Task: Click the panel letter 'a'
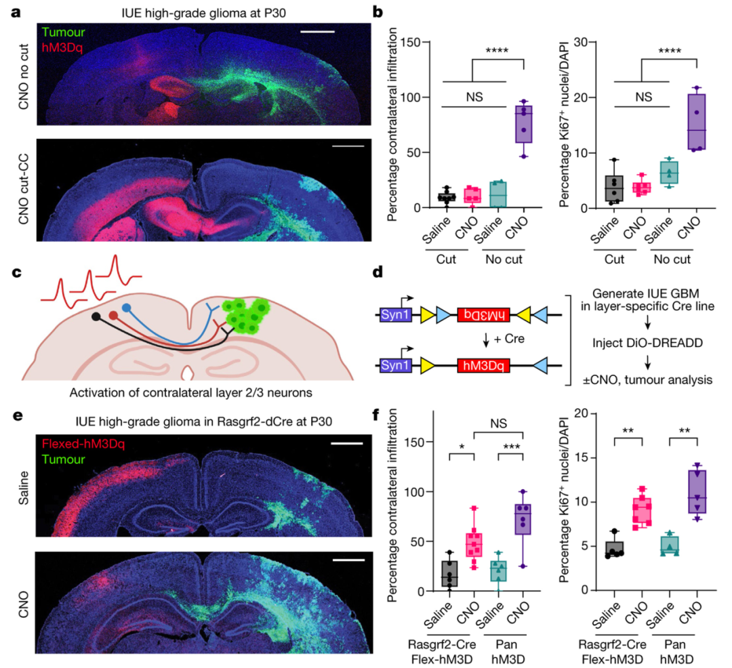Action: point(15,12)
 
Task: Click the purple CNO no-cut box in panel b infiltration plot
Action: point(524,123)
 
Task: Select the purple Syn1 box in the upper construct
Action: point(394,314)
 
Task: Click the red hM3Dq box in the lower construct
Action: point(483,366)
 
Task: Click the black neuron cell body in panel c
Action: point(97,316)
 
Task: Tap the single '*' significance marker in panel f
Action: point(462,448)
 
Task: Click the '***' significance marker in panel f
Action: point(510,448)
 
